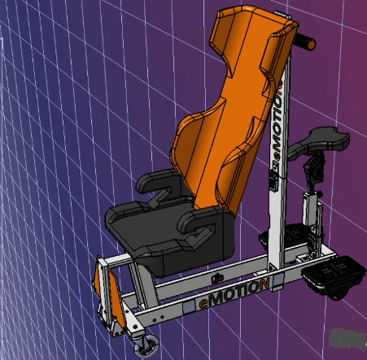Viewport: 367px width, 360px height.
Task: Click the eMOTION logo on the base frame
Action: [x=235, y=293]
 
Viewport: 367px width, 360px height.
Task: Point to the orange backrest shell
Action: [x=228, y=122]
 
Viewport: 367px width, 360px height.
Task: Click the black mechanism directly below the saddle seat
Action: [x=312, y=171]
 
